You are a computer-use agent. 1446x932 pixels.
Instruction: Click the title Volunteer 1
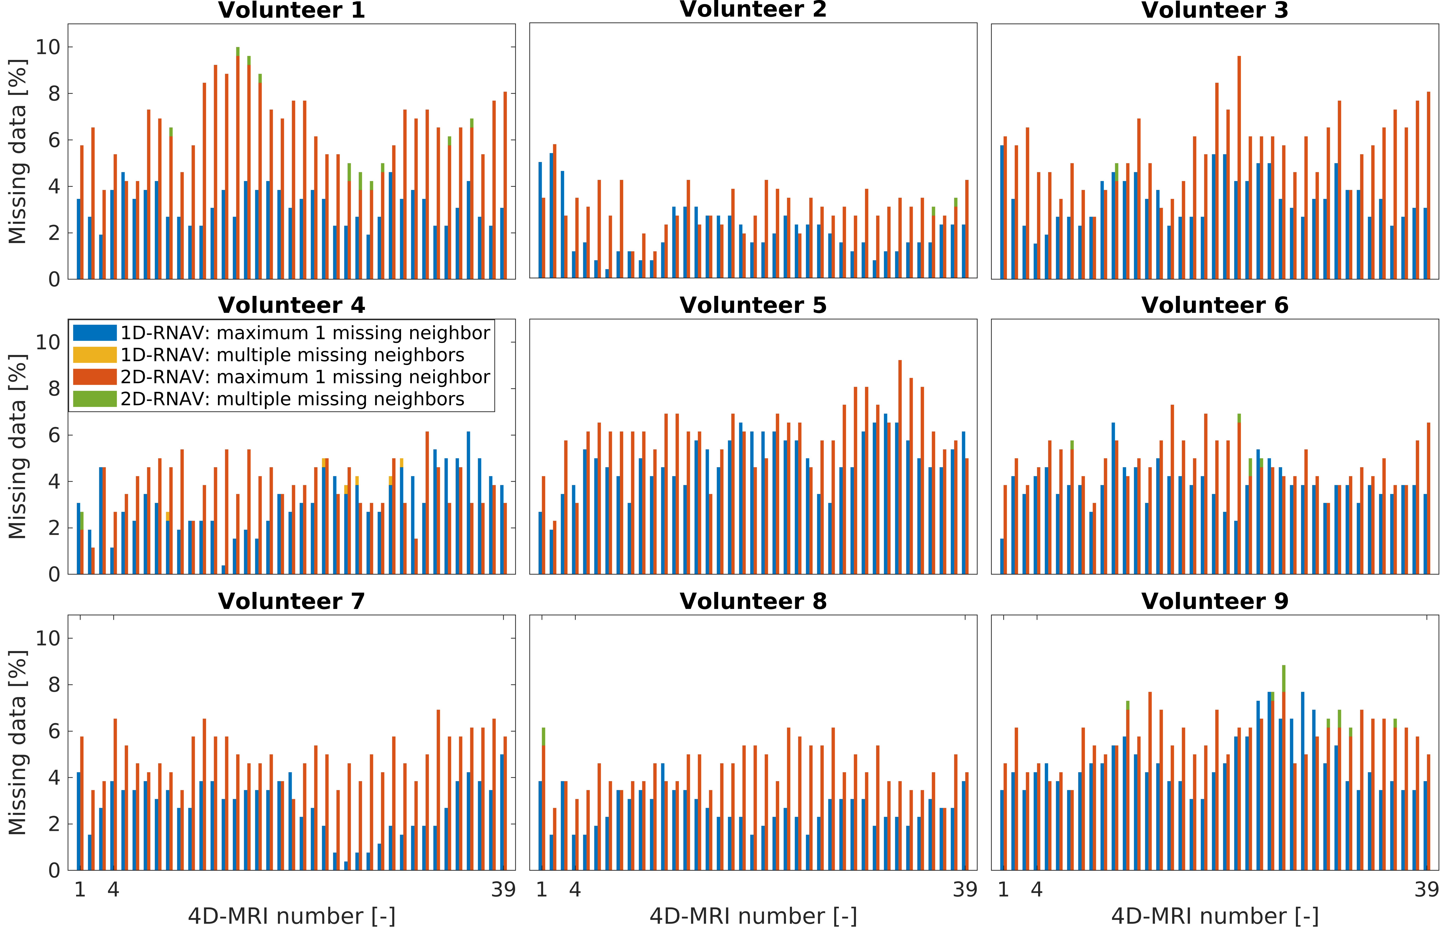[x=291, y=10]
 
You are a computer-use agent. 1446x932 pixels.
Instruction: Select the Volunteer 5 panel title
[x=753, y=306]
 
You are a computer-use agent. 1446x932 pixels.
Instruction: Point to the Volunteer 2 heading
[x=753, y=10]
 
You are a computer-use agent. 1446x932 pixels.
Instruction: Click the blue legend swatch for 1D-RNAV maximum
[x=94, y=333]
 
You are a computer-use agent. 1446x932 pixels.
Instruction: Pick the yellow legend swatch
[x=94, y=355]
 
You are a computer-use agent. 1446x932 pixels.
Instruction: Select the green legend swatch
[x=94, y=399]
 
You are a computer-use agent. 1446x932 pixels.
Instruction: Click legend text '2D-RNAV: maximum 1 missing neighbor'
[x=305, y=377]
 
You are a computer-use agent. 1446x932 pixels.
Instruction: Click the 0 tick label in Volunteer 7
[x=55, y=870]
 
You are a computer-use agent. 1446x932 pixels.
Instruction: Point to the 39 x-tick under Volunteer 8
[x=965, y=890]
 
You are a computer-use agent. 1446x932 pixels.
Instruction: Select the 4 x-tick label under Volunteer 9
[x=1037, y=890]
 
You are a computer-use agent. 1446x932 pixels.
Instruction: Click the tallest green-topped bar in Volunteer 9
[x=1284, y=769]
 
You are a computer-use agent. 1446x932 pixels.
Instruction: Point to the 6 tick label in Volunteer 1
[x=55, y=140]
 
